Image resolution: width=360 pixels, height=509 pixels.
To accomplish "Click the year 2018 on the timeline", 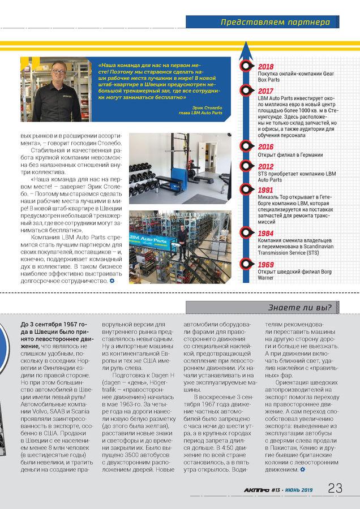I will tap(265, 67).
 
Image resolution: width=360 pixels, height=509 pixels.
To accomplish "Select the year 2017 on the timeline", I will tap(265, 90).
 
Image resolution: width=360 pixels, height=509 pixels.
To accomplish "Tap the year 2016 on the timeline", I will tap(265, 147).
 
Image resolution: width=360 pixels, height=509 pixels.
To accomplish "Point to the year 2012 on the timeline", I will tap(265, 166).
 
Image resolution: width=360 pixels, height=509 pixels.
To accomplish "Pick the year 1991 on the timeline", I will tap(265, 191).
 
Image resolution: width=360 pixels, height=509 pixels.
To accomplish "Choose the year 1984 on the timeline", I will tap(265, 233).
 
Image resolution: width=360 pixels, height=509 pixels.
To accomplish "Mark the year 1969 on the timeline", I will tap(265, 264).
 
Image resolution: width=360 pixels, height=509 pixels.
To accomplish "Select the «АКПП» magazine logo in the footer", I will tap(256, 490).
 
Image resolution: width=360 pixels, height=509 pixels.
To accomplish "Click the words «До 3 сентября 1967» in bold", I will tap(45, 325).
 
